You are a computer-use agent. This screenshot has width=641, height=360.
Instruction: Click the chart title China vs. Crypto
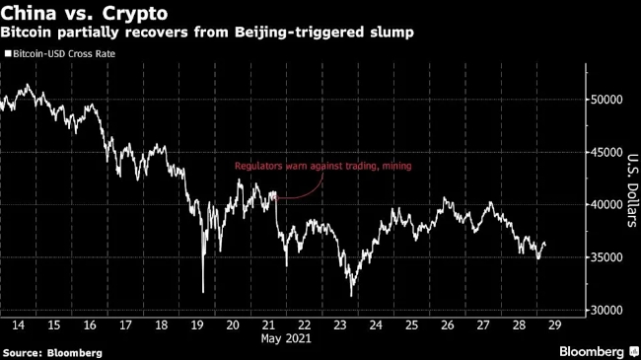84,13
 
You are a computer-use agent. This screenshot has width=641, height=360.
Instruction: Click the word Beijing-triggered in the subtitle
299,32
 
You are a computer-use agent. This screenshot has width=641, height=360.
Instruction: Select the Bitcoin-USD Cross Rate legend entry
60,54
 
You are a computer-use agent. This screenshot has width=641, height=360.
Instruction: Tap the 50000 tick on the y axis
606,100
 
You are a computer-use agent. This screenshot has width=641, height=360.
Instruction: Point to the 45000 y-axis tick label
606,152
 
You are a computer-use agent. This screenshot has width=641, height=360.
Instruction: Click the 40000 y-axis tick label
606,204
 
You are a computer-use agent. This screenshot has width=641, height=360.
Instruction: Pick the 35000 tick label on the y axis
606,257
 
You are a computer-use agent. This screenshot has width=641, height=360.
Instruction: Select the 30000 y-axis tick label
606,310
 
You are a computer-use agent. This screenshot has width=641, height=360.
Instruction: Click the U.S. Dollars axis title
632,190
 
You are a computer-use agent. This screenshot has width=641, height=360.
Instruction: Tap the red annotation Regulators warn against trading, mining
322,166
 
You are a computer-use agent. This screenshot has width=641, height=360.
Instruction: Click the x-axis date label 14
18,325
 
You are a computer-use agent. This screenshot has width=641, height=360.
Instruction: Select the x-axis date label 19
197,325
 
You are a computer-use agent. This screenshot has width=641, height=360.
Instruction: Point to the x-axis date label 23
340,325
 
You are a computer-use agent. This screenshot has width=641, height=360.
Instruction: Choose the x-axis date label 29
555,325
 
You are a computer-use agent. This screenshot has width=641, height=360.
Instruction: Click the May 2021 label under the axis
286,338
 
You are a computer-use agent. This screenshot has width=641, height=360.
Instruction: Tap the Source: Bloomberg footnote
52,353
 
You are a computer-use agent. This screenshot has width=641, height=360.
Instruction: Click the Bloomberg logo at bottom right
599,351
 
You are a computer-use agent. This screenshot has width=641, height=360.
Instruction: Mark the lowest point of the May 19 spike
203,292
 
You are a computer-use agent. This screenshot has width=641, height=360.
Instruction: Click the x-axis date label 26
448,325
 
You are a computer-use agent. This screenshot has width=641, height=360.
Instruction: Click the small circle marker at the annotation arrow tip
276,198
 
